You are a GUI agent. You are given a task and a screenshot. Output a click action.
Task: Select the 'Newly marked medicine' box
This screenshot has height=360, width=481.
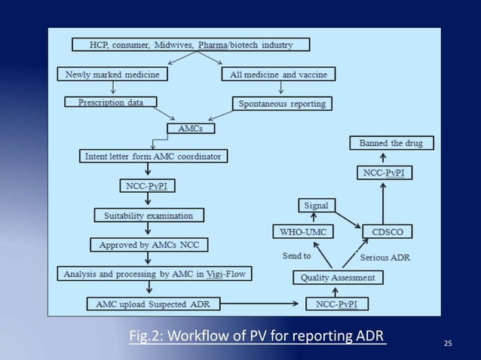click(112, 75)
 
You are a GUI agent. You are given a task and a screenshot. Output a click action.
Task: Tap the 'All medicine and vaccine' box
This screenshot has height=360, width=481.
click(278, 75)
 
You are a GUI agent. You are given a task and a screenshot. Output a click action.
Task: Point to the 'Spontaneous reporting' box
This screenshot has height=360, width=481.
click(281, 104)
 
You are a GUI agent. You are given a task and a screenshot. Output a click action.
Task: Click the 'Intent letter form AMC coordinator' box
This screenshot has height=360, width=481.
click(155, 157)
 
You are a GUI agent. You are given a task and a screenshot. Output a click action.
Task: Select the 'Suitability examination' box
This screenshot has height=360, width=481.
click(149, 215)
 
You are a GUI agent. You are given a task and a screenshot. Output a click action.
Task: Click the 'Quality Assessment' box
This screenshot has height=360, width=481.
click(337, 277)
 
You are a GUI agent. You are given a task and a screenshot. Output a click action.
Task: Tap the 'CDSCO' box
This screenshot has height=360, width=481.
click(386, 231)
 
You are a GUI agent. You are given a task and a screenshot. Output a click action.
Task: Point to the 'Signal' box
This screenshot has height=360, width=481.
click(315, 205)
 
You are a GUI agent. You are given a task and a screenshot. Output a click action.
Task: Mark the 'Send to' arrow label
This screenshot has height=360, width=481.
click(296, 255)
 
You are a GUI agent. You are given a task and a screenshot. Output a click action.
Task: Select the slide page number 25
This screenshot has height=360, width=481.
click(448, 344)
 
